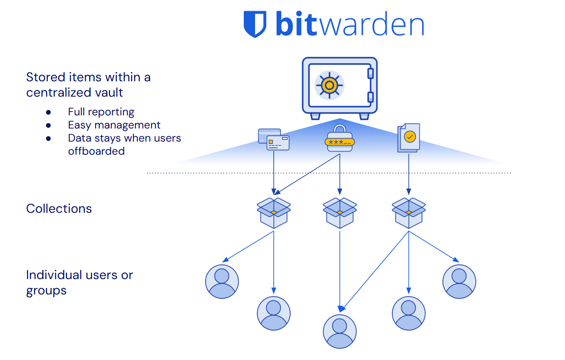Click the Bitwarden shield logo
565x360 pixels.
pos(255,24)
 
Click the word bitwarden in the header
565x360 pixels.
pos(350,24)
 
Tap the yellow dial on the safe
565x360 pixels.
pos(329,85)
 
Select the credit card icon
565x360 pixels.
pos(274,139)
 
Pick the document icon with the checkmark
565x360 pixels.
pos(408,137)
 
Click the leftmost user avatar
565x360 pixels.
pos(222,281)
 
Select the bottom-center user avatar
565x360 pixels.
pos(340,331)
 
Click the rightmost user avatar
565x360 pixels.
pos(459,281)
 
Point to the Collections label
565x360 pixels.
pos(59,209)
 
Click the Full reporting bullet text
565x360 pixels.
pos(101,112)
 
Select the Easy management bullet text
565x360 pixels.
pos(114,125)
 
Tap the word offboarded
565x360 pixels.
pos(96,151)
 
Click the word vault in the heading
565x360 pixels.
pos(109,93)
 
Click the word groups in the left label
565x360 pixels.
pos(46,291)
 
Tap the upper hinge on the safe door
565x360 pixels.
pos(370,73)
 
